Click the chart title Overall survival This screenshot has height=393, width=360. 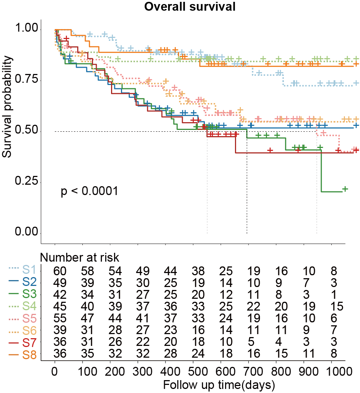click(189, 7)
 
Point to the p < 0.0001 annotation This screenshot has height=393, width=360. click(89, 191)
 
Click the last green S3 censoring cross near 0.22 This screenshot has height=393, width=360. click(345, 189)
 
